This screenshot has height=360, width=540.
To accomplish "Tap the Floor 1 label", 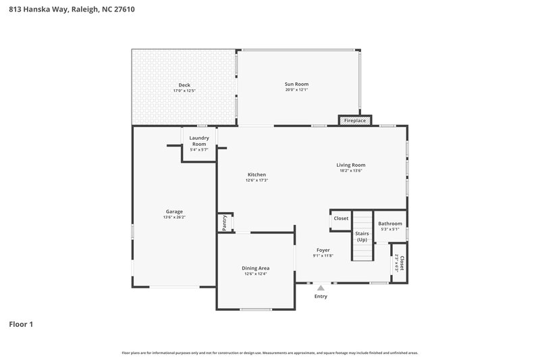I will (21, 324).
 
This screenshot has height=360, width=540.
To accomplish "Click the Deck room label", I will (184, 85).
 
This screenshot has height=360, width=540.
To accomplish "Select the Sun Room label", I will (296, 84).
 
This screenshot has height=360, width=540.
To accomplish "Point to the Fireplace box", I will (355, 120).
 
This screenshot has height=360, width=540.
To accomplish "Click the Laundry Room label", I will (199, 140).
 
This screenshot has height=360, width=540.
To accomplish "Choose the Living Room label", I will (351, 165).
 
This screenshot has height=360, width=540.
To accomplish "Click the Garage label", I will (174, 211).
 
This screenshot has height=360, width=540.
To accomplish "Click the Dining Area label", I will (255, 268).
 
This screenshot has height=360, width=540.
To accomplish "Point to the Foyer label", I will (323, 250).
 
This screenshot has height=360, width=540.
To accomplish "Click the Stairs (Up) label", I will (362, 236).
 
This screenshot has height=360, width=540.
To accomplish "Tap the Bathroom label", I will (389, 224).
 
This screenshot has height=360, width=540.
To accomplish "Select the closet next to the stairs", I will (341, 218).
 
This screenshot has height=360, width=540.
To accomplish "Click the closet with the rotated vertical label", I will (400, 263).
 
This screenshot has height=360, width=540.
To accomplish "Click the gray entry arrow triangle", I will (321, 287).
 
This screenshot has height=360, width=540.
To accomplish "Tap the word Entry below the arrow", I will (321, 297).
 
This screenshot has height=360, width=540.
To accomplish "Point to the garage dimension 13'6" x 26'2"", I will (174, 217).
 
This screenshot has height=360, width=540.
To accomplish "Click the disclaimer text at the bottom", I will (269, 353).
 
